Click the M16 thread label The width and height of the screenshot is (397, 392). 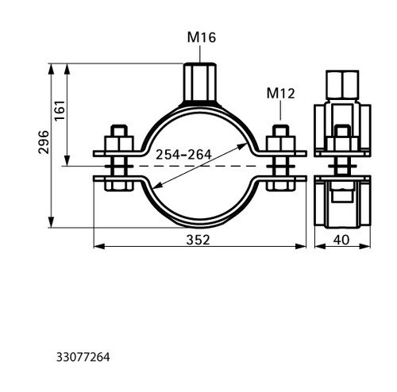[202, 37]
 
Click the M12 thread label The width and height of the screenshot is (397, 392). [280, 94]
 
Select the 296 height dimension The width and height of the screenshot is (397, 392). [44, 142]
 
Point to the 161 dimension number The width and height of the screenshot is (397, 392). [60, 110]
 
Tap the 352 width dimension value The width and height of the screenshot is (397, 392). [198, 240]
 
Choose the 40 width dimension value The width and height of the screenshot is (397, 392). [341, 240]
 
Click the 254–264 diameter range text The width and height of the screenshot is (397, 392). [183, 155]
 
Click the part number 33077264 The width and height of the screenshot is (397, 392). [83, 357]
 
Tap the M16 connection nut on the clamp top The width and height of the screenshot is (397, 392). [200, 82]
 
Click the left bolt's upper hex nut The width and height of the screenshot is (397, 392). [119, 144]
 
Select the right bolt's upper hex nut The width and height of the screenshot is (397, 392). [280, 144]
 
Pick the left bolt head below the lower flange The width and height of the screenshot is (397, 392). [118, 186]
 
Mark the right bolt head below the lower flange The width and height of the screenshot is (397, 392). [280, 186]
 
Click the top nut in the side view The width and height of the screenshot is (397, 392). [342, 85]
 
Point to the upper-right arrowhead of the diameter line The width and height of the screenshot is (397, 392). [243, 146]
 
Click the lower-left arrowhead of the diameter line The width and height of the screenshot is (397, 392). [158, 186]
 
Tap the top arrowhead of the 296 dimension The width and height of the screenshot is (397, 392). [51, 69]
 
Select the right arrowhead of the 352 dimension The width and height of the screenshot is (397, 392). [301, 246]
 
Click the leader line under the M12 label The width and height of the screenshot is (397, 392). [280, 110]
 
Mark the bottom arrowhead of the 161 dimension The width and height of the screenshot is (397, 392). [67, 161]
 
